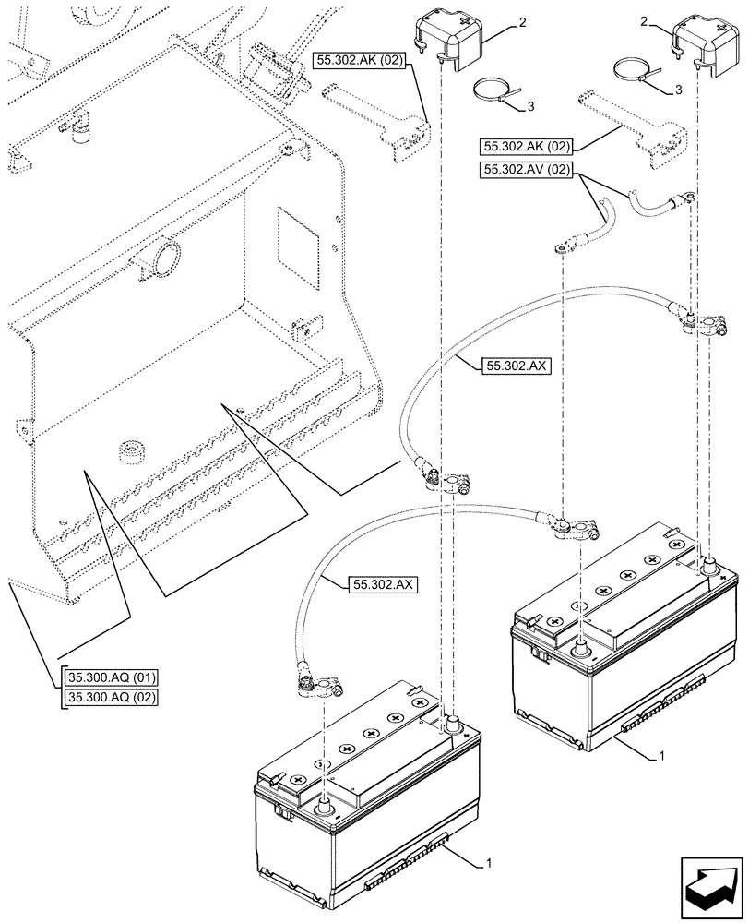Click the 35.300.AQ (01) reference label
(110, 678)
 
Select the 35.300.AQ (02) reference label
(110, 697)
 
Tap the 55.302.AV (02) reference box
(527, 170)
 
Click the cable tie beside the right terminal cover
(636, 71)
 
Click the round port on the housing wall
(162, 258)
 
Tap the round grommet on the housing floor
(126, 450)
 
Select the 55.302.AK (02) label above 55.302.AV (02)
(527, 147)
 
